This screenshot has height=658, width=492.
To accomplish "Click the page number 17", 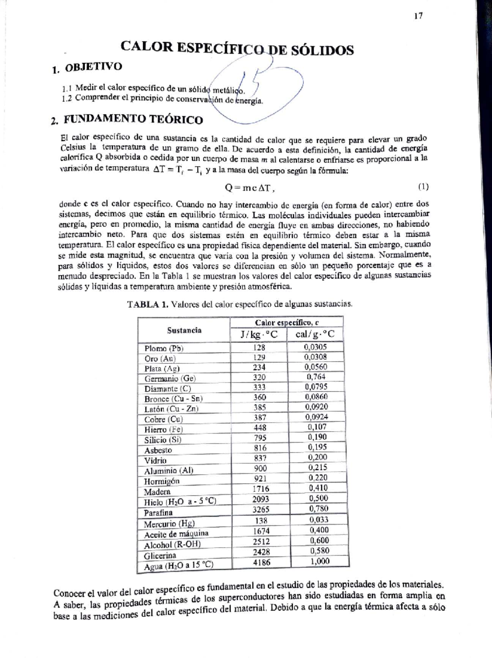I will point(418,16).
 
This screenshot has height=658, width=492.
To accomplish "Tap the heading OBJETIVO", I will point(93,67).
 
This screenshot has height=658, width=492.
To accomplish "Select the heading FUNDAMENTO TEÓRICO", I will point(133,120).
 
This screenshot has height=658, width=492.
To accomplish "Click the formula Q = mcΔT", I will point(249,188).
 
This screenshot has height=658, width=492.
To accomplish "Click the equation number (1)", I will point(423,187).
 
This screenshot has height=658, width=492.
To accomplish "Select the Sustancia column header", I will point(184,330).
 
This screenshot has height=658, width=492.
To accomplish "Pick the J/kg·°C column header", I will point(259,335).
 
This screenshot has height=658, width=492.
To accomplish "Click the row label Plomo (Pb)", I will point(164,348).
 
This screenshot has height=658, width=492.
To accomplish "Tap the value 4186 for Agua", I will point(262,562).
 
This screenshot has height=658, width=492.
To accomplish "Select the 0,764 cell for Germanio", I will point(316,377).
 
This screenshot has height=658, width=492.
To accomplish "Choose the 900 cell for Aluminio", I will point(260,468).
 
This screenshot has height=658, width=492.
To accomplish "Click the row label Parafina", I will point(158,513).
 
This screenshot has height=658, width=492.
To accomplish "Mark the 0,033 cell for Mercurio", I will point(319,520).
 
